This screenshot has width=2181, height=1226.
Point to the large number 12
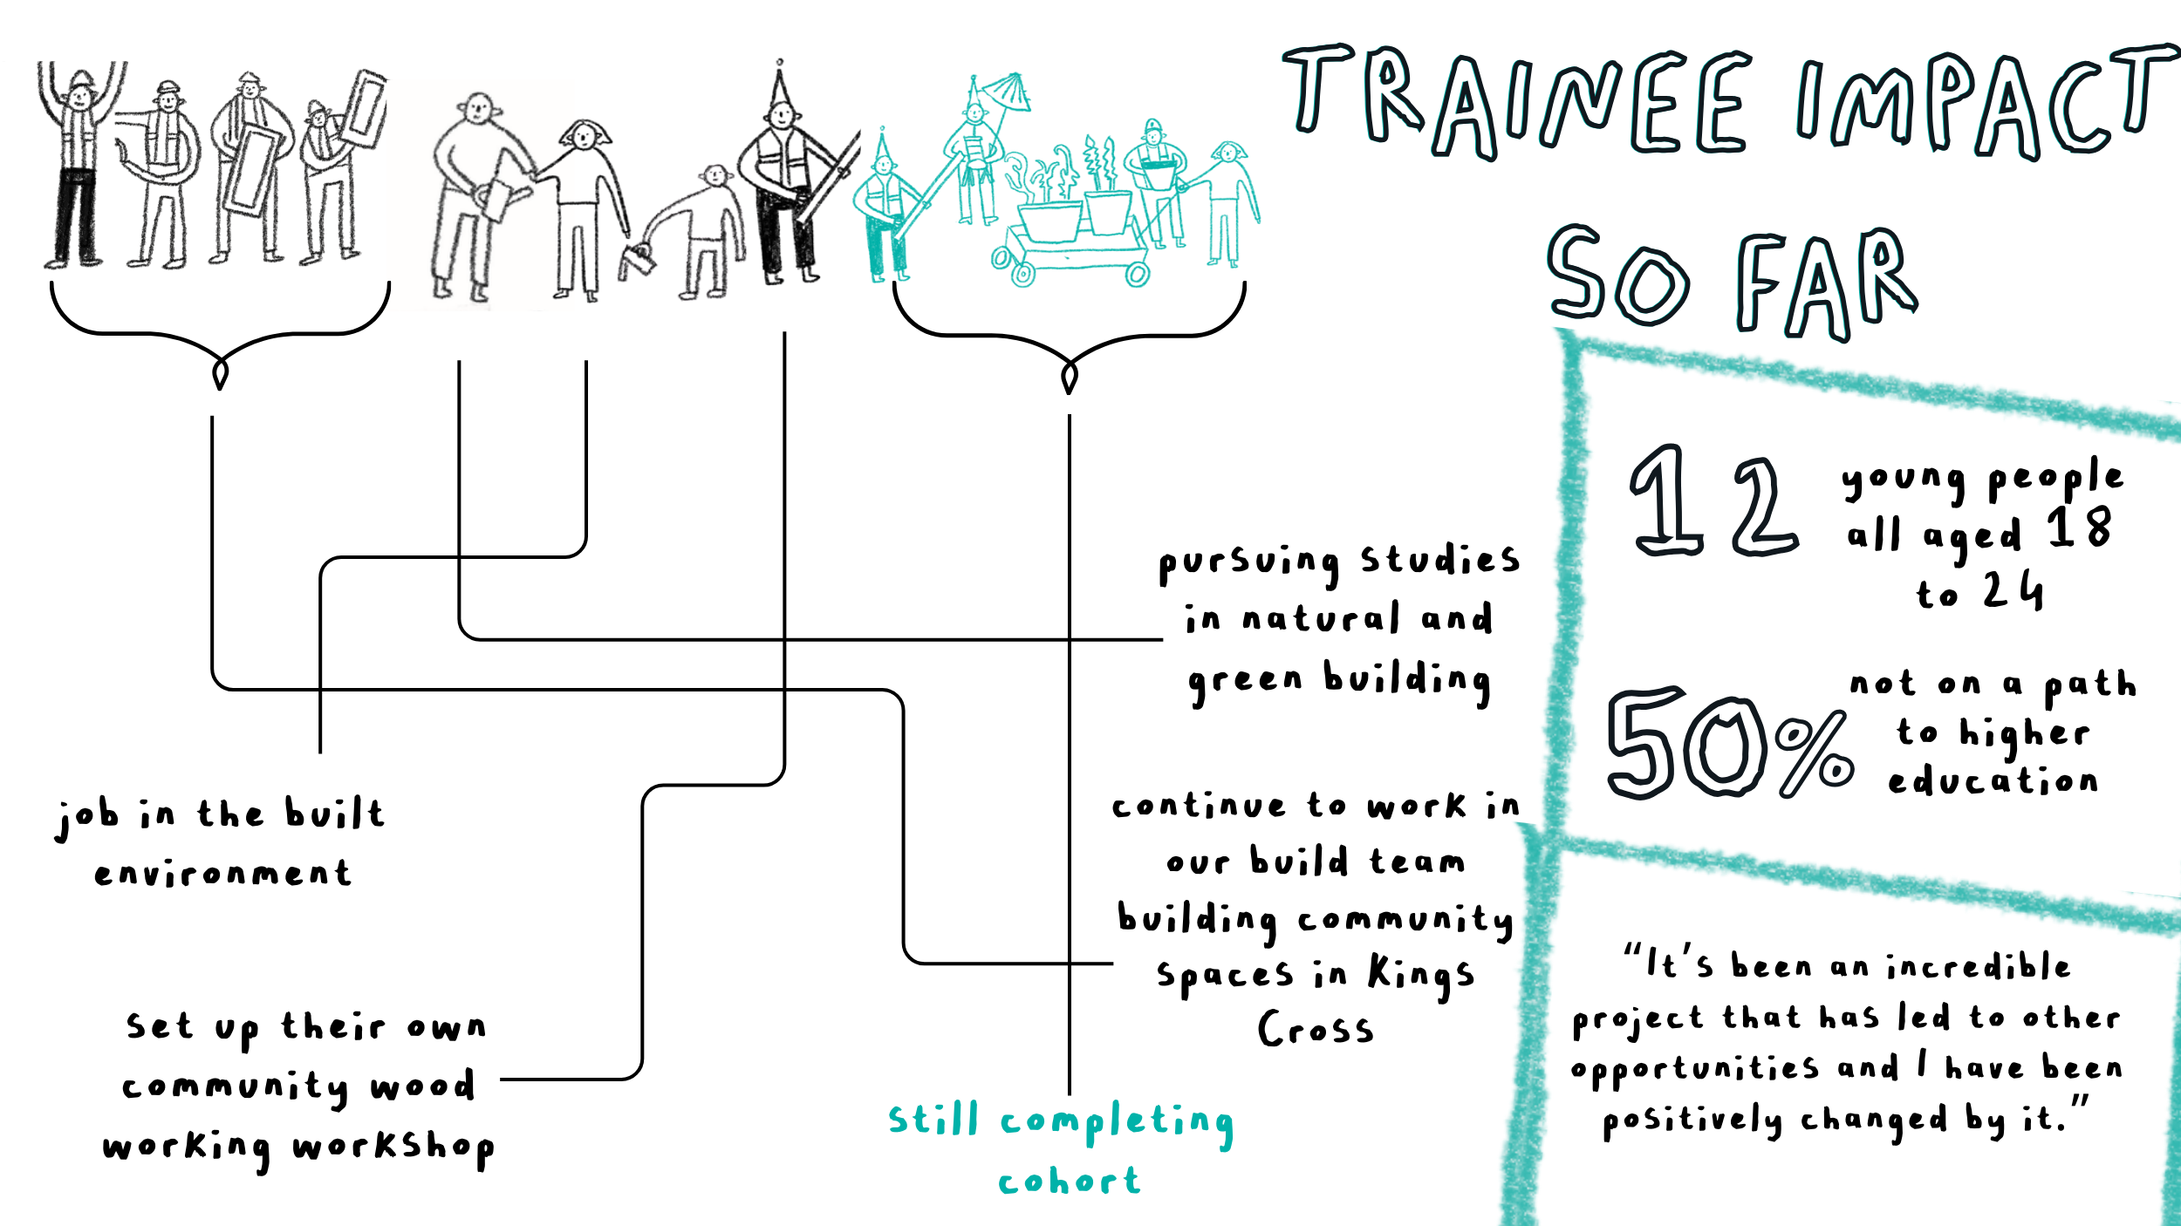coord(1714,501)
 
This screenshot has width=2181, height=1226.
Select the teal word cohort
coord(1070,1182)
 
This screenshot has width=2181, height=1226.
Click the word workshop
coord(393,1147)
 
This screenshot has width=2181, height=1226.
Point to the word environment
coord(223,873)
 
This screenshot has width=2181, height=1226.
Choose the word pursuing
coord(1248,562)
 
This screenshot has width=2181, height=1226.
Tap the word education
coord(1993,781)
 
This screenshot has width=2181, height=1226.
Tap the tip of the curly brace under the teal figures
coord(1070,388)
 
